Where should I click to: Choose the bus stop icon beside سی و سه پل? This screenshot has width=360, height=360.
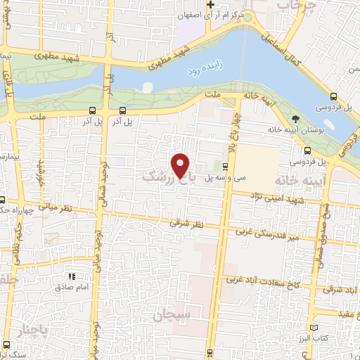tap(224, 167)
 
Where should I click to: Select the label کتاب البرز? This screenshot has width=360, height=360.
tap(313, 338)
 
